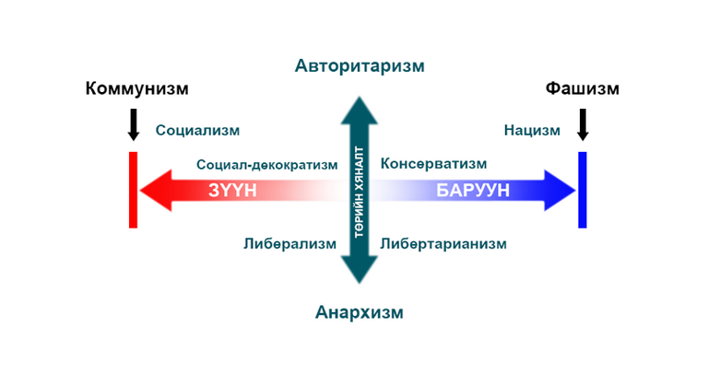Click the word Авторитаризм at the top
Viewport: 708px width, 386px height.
pos(360,66)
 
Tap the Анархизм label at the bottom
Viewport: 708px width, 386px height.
pos(359,312)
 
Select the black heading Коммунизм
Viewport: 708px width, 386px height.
pos(136,88)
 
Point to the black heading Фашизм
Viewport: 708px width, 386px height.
pos(582,88)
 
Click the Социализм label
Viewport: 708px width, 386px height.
pos(197,131)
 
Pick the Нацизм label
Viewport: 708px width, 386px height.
pos(532,131)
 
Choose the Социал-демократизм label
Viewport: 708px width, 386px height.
pos(266,165)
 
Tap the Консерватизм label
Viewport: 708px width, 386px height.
pos(433,163)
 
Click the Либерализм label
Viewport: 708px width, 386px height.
pos(289,244)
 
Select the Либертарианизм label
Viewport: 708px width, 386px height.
pos(442,244)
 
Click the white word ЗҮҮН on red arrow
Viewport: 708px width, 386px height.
pos(232,191)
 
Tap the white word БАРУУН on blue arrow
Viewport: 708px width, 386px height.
pos(473,191)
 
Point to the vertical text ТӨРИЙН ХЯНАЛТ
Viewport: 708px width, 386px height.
pos(360,193)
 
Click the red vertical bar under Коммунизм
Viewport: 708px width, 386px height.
pos(133,190)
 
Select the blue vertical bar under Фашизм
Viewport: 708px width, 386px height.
pos(583,190)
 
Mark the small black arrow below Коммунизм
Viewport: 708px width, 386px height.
pos(133,124)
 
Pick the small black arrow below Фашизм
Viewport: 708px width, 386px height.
pos(583,124)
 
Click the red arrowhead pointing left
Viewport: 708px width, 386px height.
pos(156,191)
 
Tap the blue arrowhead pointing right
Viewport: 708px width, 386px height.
pos(560,191)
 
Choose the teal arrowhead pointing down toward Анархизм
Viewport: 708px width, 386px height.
pos(360,270)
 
